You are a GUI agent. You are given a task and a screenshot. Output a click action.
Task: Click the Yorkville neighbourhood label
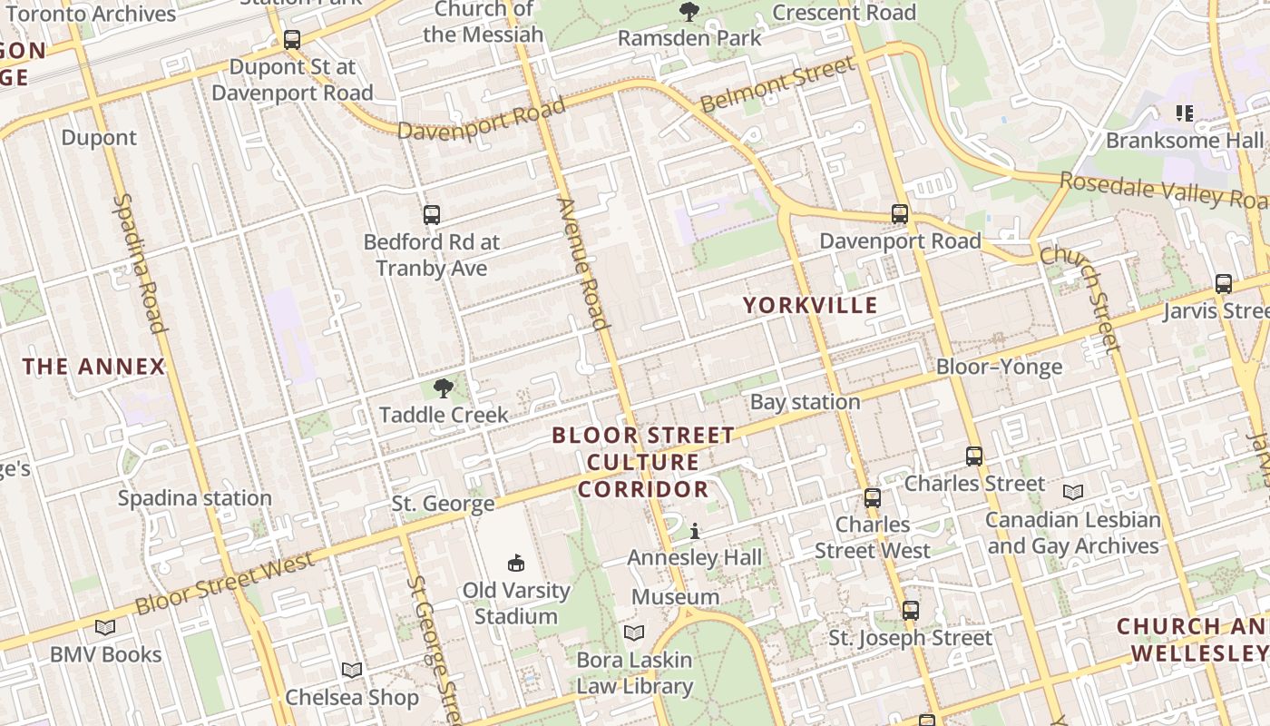coord(810,305)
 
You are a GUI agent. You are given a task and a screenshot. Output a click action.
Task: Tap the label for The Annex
coord(94,367)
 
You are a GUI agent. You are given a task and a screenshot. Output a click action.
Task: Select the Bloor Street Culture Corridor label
coord(643,462)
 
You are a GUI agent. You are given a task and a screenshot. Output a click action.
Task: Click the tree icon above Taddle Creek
coord(444,389)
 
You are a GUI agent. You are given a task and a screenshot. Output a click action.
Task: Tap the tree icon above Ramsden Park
coord(689,12)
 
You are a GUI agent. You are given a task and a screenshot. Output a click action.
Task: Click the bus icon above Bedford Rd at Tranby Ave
coord(432,215)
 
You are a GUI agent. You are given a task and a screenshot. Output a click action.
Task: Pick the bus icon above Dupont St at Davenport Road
coord(291,40)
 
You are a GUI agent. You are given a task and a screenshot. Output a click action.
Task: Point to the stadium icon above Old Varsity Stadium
coord(516,564)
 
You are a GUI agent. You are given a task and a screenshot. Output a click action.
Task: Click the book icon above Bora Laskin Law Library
coord(634,633)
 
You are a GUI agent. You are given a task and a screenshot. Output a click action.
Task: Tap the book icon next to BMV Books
coord(105,627)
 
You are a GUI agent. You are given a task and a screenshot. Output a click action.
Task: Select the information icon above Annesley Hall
coord(695,531)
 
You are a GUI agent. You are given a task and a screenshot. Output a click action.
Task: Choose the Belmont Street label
coord(777,83)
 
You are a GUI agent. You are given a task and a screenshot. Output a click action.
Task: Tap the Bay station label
coord(805,402)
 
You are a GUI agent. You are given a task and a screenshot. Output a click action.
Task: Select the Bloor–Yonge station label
coord(999,367)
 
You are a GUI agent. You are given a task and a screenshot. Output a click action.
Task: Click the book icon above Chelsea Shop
coord(352,670)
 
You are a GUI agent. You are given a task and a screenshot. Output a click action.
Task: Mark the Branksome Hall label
coord(1184,141)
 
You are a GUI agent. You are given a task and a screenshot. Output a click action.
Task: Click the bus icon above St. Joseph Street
coord(911,611)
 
